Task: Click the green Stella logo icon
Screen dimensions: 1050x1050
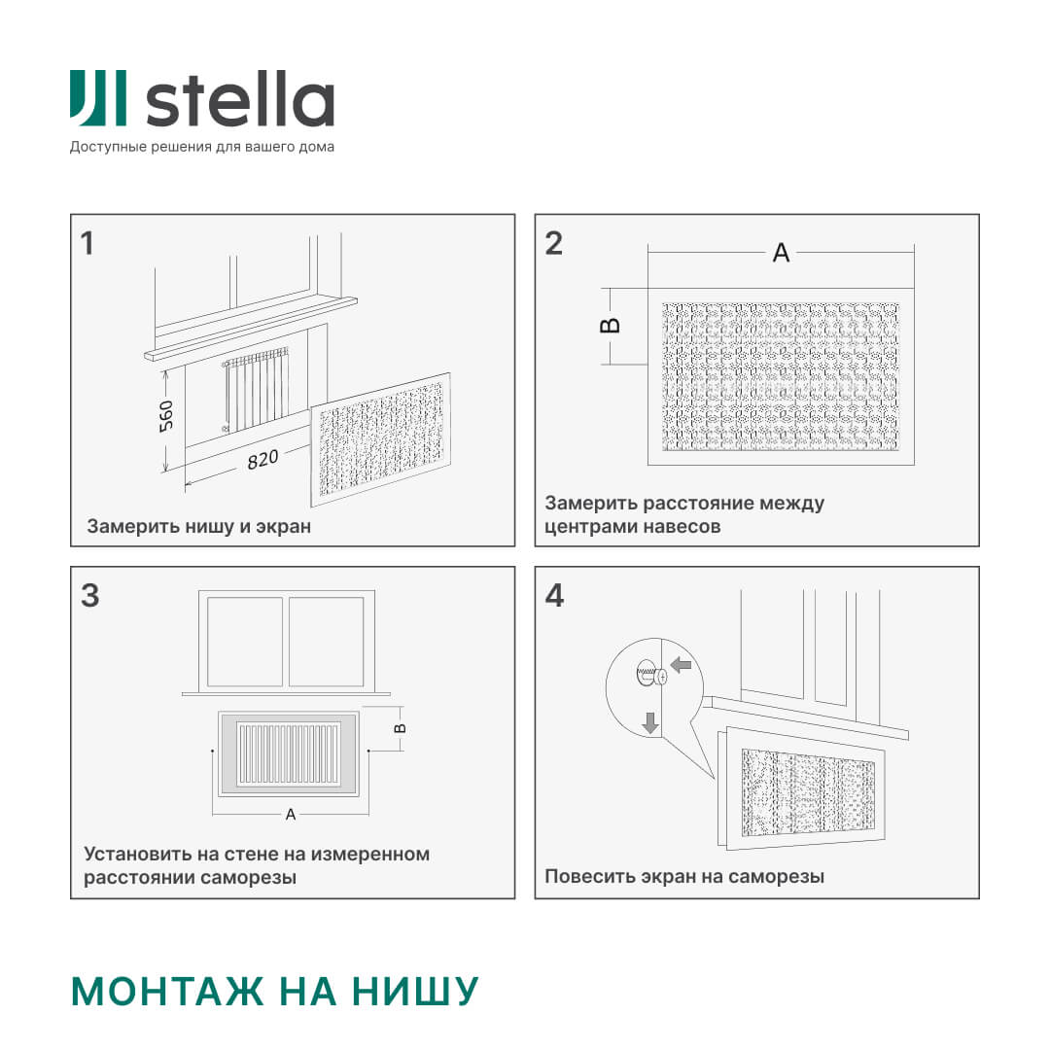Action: pyautogui.click(x=97, y=98)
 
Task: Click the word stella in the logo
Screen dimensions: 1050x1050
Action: pyautogui.click(x=239, y=99)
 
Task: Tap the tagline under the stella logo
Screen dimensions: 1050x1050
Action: pyautogui.click(x=201, y=147)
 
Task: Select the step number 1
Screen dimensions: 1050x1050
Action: pyautogui.click(x=87, y=243)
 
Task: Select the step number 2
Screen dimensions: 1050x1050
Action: pyautogui.click(x=553, y=243)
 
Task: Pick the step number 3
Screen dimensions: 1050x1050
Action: pyautogui.click(x=89, y=595)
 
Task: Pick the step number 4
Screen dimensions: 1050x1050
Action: pyautogui.click(x=554, y=595)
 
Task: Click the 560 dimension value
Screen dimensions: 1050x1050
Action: pyautogui.click(x=166, y=416)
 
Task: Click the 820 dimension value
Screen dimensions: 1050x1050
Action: pyautogui.click(x=262, y=459)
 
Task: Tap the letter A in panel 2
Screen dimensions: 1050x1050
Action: pyautogui.click(x=781, y=253)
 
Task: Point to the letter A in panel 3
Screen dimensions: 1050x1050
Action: pyautogui.click(x=290, y=815)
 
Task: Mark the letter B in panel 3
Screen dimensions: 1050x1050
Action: pyautogui.click(x=400, y=727)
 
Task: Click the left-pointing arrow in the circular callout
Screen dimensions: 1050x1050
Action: pyautogui.click(x=682, y=665)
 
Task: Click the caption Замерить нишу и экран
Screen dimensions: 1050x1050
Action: pyautogui.click(x=199, y=527)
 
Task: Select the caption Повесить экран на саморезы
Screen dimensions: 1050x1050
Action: pyautogui.click(x=684, y=876)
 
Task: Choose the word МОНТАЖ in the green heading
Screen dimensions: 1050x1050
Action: pyautogui.click(x=167, y=991)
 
